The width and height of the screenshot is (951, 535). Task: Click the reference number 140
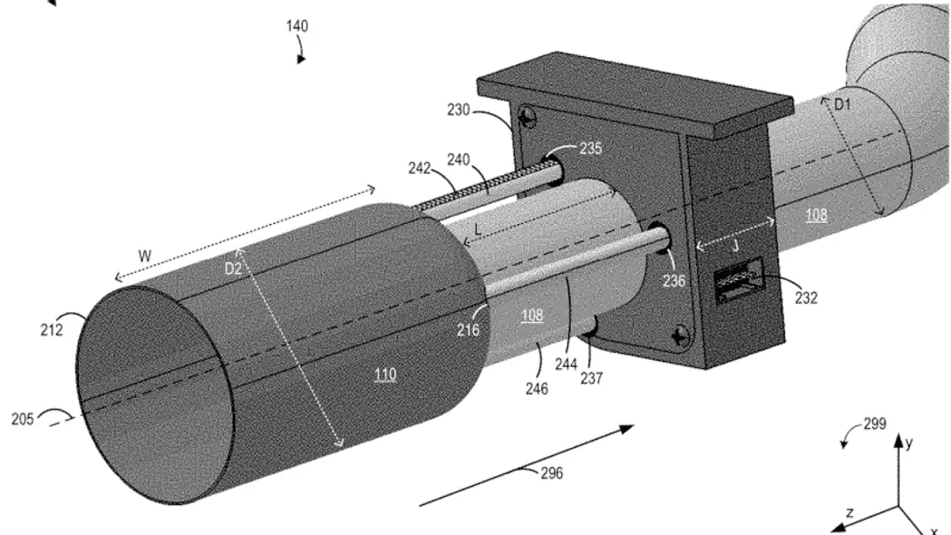(297, 26)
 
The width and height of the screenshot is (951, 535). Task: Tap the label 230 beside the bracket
(459, 110)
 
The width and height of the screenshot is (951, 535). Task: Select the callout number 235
(591, 148)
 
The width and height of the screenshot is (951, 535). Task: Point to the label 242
(419, 168)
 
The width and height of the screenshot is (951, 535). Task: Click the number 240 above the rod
(459, 160)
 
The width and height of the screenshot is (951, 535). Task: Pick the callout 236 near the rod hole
(674, 281)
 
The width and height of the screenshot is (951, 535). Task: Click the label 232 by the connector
(806, 297)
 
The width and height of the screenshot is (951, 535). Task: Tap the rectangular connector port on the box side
(738, 280)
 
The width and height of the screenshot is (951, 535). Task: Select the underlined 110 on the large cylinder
(385, 374)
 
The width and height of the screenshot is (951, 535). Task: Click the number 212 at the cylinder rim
(53, 330)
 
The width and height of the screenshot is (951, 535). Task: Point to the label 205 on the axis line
(23, 419)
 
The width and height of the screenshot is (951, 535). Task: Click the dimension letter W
(144, 256)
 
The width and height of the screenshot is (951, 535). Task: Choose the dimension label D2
(234, 268)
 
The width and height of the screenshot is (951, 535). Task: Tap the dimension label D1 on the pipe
(842, 105)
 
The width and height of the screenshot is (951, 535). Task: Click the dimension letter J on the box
(736, 247)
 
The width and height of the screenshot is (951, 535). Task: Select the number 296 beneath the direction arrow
(552, 472)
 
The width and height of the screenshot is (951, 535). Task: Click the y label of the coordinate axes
(909, 443)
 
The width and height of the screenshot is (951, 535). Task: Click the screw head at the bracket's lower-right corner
(682, 335)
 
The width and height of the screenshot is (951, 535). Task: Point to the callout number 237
(591, 378)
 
